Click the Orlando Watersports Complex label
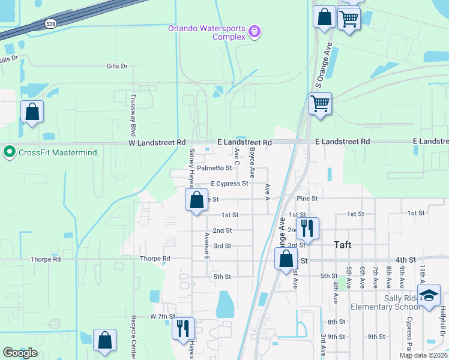[207, 32]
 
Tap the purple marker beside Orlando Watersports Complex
[255, 31]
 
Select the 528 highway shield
[51, 24]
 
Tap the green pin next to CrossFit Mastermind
[9, 152]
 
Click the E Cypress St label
[229, 184]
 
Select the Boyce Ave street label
[253, 163]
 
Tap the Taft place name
[342, 245]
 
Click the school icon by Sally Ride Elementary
[429, 296]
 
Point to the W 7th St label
[162, 316]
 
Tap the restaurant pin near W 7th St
[183, 327]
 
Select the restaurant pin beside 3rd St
[307, 228]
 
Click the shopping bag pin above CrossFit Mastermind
[32, 112]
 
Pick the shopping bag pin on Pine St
[196, 200]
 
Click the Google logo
[20, 353]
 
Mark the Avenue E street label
[206, 245]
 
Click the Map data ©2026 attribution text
[423, 355]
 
